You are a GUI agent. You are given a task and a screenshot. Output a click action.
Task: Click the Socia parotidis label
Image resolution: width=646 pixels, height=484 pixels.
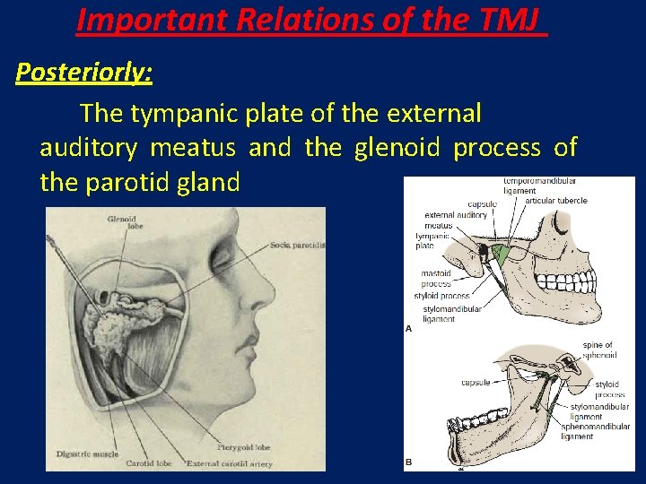point(297,245)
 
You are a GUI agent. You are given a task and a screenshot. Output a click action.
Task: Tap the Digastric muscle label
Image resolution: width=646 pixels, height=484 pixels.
point(86,454)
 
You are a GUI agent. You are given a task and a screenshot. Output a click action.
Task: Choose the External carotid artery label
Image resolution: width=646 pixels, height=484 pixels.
point(229,463)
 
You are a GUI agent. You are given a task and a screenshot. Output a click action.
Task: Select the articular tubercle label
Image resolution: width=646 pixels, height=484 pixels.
point(556,201)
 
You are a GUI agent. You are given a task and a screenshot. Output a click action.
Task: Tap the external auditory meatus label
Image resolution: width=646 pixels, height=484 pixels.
point(455,220)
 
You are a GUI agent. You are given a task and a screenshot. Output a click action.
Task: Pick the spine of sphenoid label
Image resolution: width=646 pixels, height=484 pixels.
point(598,350)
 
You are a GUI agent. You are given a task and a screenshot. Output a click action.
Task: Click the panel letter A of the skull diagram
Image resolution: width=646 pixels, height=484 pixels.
point(409,329)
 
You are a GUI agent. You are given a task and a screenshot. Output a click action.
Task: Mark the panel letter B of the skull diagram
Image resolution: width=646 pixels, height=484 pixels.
point(409,462)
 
